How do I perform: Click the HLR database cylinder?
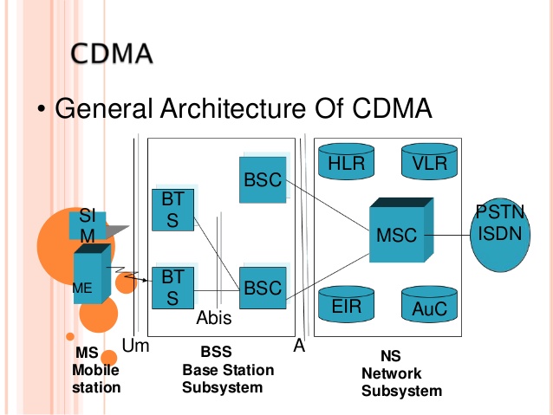346,161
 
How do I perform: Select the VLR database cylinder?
429,161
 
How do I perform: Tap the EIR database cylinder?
346,304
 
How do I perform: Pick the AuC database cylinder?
429,304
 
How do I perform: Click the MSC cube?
401,230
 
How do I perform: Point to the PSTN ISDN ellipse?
500,235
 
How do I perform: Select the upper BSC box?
263,180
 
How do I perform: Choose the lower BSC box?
263,288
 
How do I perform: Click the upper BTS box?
172,211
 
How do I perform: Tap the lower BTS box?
172,288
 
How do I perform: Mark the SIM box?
88,225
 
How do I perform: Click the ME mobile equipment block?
92,274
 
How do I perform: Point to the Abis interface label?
214,318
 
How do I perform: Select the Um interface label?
135,346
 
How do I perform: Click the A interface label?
299,346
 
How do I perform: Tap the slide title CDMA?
112,54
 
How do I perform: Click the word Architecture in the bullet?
233,108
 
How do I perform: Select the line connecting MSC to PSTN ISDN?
447,235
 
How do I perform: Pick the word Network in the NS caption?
392,373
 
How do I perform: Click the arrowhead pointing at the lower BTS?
144,281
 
